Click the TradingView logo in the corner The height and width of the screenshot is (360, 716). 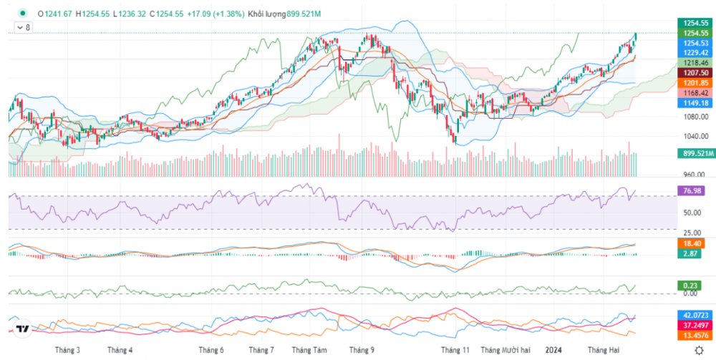(x=22, y=330)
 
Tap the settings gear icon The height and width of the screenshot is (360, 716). (x=697, y=349)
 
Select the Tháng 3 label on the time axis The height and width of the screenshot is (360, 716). (x=69, y=350)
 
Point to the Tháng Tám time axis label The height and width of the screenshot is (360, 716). (x=309, y=350)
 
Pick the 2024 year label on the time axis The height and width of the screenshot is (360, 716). (x=553, y=350)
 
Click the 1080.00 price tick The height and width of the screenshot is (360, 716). (x=692, y=117)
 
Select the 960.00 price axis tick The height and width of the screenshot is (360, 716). (x=692, y=174)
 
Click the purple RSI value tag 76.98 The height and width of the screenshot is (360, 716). (x=691, y=191)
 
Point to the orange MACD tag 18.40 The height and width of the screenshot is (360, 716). (x=691, y=244)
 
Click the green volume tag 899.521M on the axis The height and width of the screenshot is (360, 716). (x=696, y=153)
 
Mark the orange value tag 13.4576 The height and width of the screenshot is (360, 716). (x=695, y=334)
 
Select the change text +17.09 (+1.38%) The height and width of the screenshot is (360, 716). (x=215, y=14)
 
